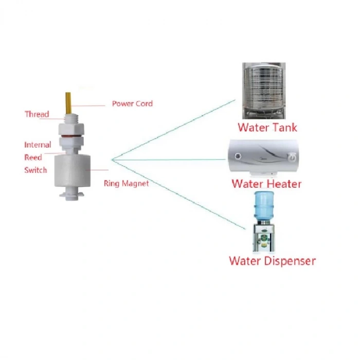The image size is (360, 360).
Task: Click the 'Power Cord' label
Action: [132, 103]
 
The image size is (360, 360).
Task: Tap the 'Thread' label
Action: [37, 114]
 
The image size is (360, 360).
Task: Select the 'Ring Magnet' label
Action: [126, 183]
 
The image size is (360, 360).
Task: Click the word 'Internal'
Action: [38, 145]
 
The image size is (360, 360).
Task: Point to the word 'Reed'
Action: [33, 157]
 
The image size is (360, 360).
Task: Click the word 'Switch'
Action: [35, 170]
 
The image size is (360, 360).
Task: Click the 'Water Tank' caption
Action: [267, 127]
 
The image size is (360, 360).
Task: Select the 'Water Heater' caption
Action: [266, 184]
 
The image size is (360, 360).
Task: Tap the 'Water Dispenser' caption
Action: [272, 261]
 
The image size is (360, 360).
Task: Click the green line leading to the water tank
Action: [175, 129]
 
